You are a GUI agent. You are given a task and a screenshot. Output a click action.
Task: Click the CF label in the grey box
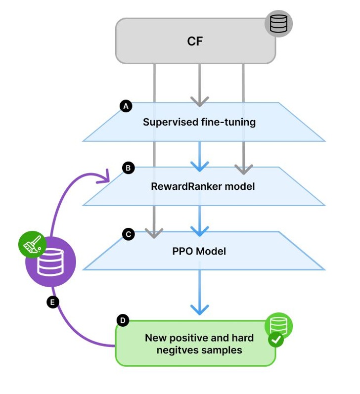(x=195, y=41)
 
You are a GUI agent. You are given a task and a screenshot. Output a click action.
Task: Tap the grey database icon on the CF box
(x=278, y=24)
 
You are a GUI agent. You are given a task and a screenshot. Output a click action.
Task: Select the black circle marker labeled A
(x=126, y=106)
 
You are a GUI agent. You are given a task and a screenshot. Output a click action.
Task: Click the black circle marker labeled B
(x=128, y=168)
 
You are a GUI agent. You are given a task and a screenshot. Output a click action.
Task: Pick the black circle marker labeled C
(x=128, y=234)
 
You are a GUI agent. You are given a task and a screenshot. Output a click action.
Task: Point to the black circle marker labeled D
(x=122, y=321)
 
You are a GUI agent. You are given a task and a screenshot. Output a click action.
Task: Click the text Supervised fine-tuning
(x=199, y=122)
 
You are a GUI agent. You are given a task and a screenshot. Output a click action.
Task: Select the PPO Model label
(x=199, y=251)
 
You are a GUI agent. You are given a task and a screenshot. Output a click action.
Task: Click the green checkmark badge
(x=275, y=340)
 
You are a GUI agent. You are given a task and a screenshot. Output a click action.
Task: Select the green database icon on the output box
(x=279, y=325)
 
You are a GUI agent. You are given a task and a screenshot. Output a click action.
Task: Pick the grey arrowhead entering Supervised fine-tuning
(x=199, y=101)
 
